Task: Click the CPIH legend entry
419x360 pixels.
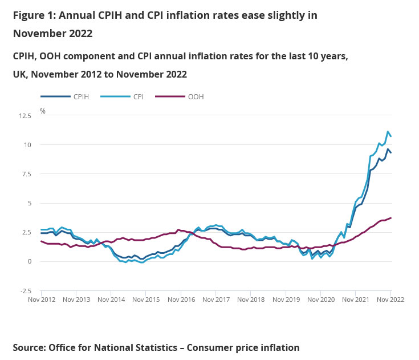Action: pos(80,97)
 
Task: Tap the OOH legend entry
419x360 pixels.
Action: pos(196,97)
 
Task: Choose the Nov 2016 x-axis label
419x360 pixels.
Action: pos(180,300)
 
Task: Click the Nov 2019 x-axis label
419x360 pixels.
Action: pos(285,300)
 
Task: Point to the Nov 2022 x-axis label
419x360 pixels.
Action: pos(390,300)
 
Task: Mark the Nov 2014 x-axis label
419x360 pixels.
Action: pos(111,300)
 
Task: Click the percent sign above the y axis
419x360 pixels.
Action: pos(43,111)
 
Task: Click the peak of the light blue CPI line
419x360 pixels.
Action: pos(388,132)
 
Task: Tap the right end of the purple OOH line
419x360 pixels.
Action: pos(390,218)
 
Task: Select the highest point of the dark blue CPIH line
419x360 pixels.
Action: pos(388,149)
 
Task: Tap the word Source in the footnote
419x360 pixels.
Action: pos(29,347)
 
